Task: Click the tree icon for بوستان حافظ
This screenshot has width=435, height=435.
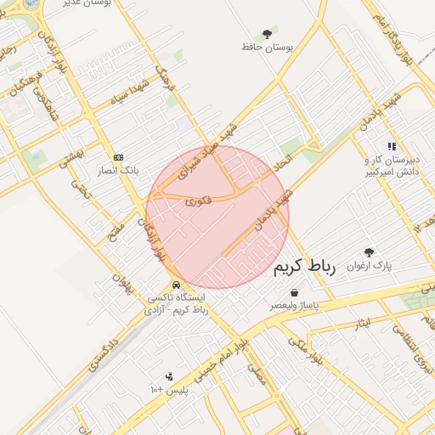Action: pos(268,34)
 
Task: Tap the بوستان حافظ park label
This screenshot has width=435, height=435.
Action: pos(268,48)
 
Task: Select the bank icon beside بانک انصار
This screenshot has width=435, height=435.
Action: pos(118,157)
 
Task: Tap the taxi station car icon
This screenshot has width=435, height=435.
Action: pos(175,285)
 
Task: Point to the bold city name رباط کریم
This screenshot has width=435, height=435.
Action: pos(306,268)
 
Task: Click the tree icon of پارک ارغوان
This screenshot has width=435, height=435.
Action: pos(369,252)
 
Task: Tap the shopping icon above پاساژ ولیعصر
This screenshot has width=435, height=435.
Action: pos(294,291)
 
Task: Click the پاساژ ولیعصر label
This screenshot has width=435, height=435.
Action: pos(295,304)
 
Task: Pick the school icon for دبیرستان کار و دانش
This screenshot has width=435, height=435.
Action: pos(392,146)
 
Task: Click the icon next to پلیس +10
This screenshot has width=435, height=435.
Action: pos(169,376)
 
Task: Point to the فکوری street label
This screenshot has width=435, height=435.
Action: pos(197,201)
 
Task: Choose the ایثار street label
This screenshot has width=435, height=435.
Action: pos(363,323)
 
